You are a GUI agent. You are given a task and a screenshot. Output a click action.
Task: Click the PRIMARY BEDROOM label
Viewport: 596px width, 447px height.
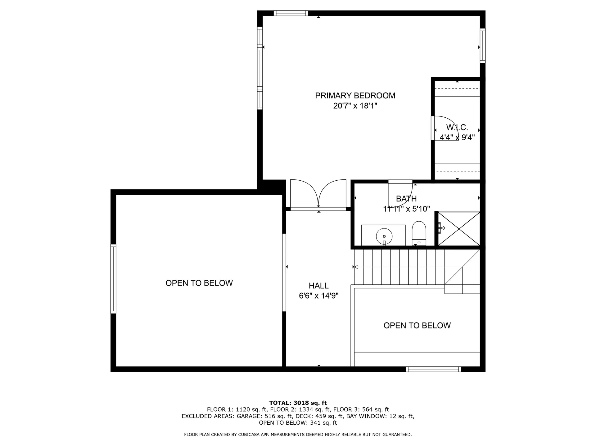click(355, 96)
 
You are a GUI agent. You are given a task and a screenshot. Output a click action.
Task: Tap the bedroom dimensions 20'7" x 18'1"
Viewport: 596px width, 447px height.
click(355, 106)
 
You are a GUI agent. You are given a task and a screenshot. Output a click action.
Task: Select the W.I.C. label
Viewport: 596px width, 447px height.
click(457, 127)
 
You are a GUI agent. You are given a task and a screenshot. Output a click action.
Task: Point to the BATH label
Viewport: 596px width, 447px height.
click(406, 199)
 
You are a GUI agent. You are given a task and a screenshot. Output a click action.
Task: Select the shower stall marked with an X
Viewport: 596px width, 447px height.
click(459, 229)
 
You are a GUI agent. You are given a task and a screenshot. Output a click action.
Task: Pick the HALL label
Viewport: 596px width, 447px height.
click(318, 286)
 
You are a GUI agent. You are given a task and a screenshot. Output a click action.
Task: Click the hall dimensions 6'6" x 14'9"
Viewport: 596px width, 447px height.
click(318, 296)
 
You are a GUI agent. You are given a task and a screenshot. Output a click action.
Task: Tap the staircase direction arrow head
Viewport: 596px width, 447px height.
click(356, 267)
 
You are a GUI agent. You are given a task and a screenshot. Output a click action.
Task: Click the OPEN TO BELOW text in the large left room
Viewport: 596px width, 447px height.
click(199, 283)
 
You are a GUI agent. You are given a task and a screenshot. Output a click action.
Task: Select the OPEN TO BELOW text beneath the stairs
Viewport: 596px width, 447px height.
click(417, 326)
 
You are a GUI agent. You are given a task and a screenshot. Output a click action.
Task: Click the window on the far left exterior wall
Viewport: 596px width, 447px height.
click(113, 278)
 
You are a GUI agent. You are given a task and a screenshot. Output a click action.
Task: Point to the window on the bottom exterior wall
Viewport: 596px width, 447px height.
click(433, 369)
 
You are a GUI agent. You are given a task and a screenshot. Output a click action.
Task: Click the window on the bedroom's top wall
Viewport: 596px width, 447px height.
click(291, 13)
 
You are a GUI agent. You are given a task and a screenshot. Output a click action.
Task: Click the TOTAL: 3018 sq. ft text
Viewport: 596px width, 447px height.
click(298, 403)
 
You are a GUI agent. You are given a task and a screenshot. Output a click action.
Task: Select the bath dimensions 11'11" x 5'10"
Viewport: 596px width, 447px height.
click(406, 209)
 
